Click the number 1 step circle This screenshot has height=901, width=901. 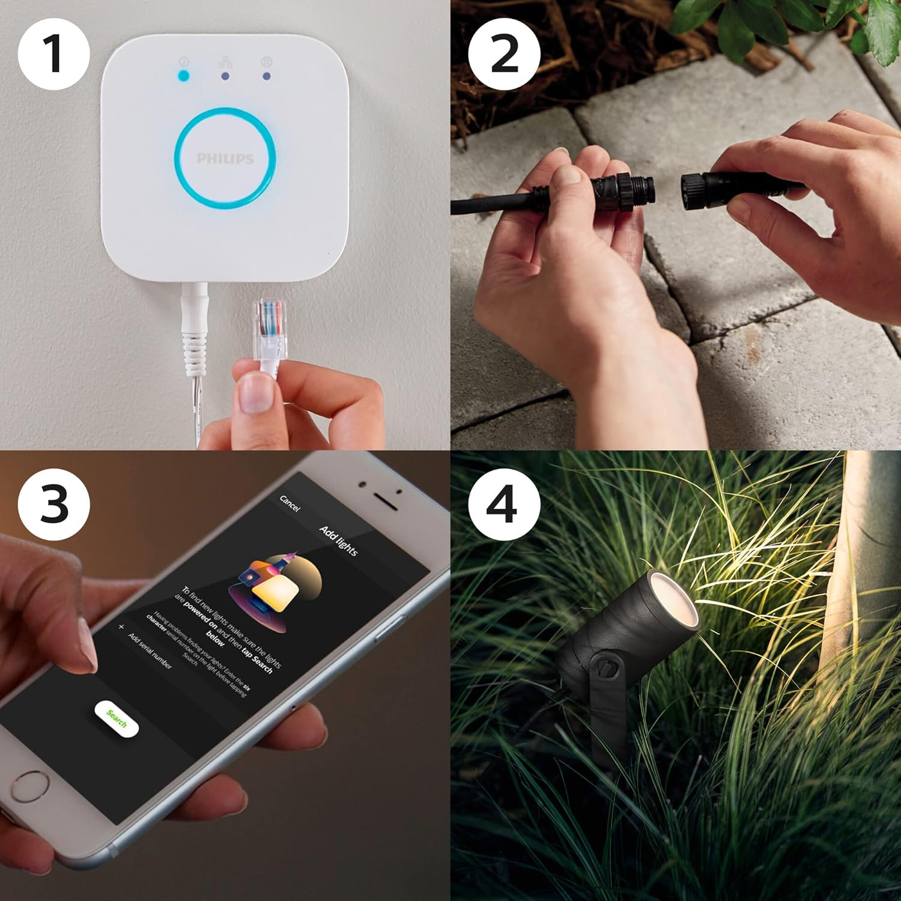[x=53, y=54]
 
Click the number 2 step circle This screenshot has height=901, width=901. [x=504, y=54]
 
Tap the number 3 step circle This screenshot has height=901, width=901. [x=53, y=504]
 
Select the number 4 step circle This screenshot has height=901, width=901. [x=504, y=504]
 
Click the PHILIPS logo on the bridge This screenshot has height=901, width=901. [x=225, y=159]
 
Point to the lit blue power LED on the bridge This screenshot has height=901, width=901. [x=183, y=76]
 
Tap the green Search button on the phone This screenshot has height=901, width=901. [x=117, y=719]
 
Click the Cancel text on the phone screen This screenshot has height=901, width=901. [x=290, y=503]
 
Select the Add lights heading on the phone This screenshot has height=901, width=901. [x=339, y=540]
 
